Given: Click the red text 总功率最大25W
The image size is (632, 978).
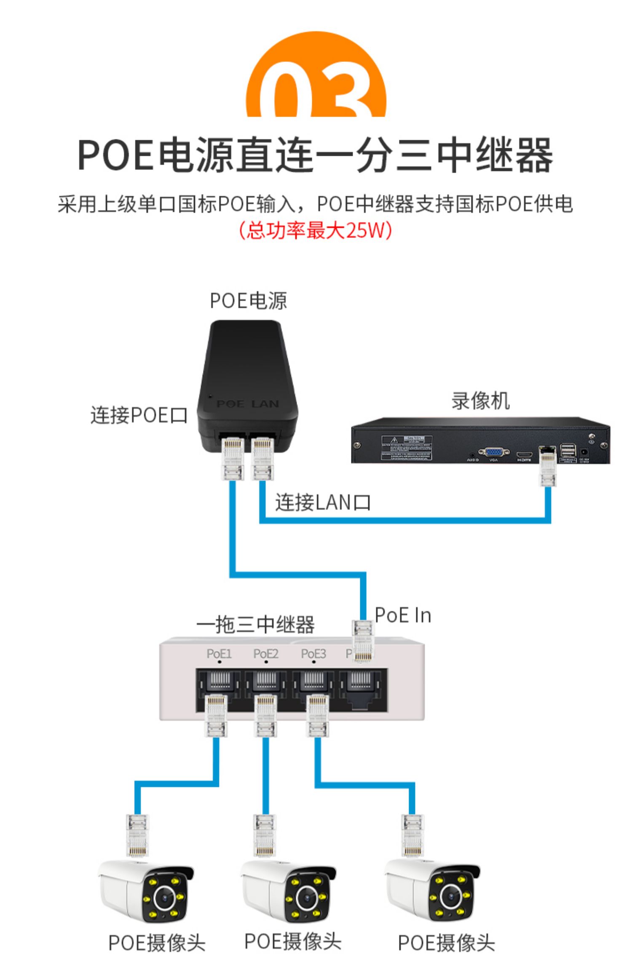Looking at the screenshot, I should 316,230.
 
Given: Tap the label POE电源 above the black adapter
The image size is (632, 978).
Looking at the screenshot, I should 248,301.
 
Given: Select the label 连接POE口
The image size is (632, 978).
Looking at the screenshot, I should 139,415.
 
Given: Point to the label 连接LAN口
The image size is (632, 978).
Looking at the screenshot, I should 323,502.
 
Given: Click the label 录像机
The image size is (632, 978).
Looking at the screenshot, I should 480,401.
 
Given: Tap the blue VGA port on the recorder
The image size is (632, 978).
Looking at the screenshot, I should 493,452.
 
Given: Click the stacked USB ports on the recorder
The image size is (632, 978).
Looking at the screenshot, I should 568,451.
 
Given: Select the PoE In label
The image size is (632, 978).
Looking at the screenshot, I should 403,615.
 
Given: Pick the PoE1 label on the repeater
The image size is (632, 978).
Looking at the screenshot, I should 219,654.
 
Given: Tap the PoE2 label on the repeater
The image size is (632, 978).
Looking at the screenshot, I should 265,654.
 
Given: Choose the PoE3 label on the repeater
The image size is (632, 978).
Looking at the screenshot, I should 313,654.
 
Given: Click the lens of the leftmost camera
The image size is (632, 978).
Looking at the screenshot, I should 165,898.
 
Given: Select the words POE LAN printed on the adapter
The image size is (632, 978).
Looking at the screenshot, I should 248,404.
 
